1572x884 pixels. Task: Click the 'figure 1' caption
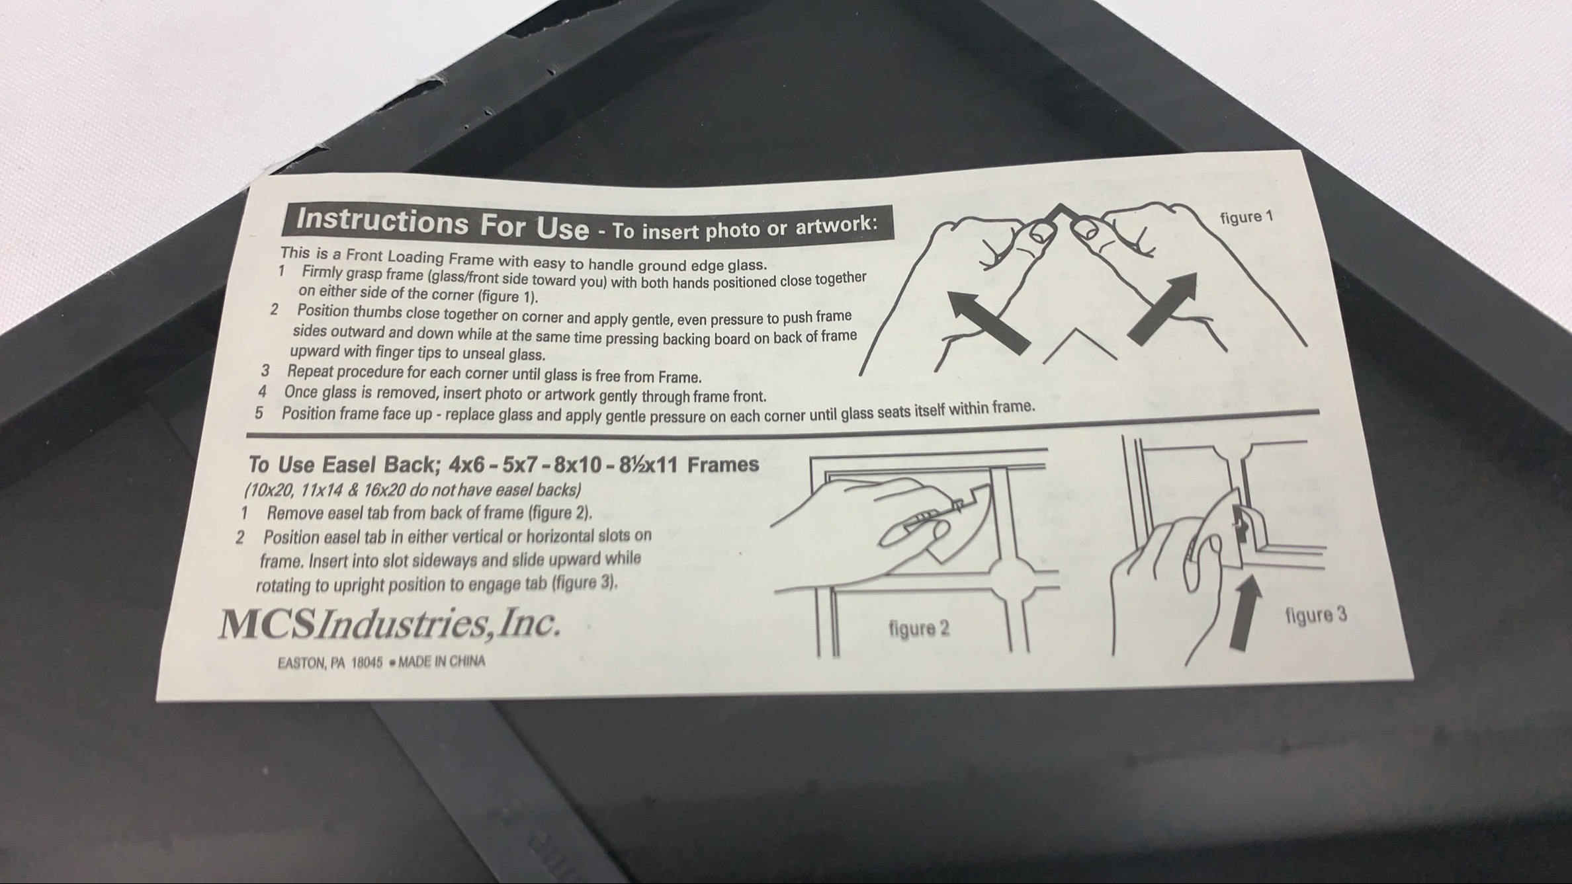pyautogui.click(x=1246, y=217)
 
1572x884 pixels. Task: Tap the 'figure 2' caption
pyautogui.click(x=919, y=627)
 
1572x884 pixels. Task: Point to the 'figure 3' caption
pyautogui.click(x=1316, y=615)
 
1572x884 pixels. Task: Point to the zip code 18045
pyautogui.click(x=367, y=663)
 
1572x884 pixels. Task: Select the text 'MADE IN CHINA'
pyautogui.click(x=441, y=661)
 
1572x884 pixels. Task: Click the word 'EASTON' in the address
pyautogui.click(x=302, y=663)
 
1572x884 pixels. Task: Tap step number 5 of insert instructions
pyautogui.click(x=259, y=413)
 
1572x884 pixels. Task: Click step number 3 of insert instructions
pyautogui.click(x=265, y=370)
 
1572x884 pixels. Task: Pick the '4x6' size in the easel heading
pyautogui.click(x=466, y=464)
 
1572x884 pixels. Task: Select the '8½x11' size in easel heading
pyautogui.click(x=648, y=465)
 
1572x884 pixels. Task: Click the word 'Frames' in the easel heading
pyautogui.click(x=723, y=464)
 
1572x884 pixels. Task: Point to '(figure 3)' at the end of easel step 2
pyautogui.click(x=585, y=584)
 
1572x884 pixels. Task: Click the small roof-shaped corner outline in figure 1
pyautogui.click(x=1080, y=345)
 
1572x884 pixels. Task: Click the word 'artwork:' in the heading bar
pyautogui.click(x=836, y=225)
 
